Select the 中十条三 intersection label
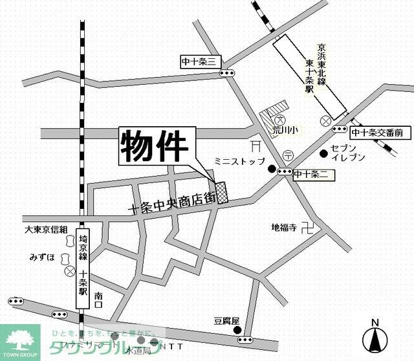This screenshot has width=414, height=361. [x=201, y=62]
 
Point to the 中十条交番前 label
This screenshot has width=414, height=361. [x=377, y=133]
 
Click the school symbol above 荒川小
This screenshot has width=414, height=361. [x=280, y=120]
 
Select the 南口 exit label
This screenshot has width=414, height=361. [x=98, y=296]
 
